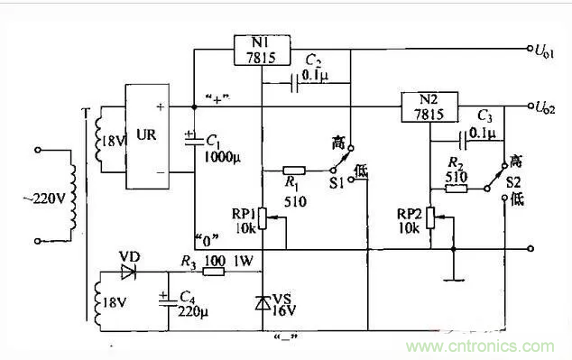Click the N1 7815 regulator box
(x=262, y=50)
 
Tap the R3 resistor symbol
(x=213, y=272)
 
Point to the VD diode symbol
(x=128, y=271)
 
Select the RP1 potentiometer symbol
(x=262, y=217)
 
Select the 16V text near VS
(x=284, y=310)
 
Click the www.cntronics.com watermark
(x=487, y=346)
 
